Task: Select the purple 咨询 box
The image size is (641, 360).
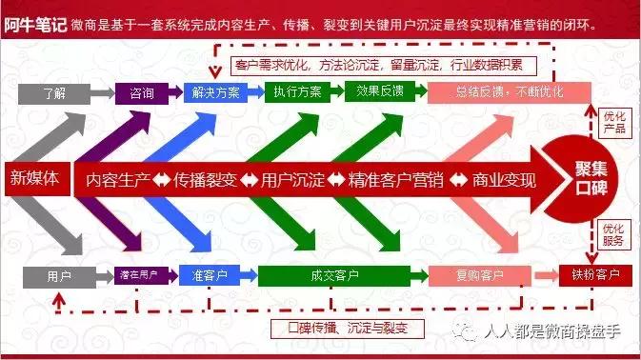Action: pos(141,93)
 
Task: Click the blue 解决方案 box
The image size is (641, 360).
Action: pos(215,93)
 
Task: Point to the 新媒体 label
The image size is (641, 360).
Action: pos(34,178)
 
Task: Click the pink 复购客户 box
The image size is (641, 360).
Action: pos(478,276)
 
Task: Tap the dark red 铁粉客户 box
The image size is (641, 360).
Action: pos(596,276)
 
